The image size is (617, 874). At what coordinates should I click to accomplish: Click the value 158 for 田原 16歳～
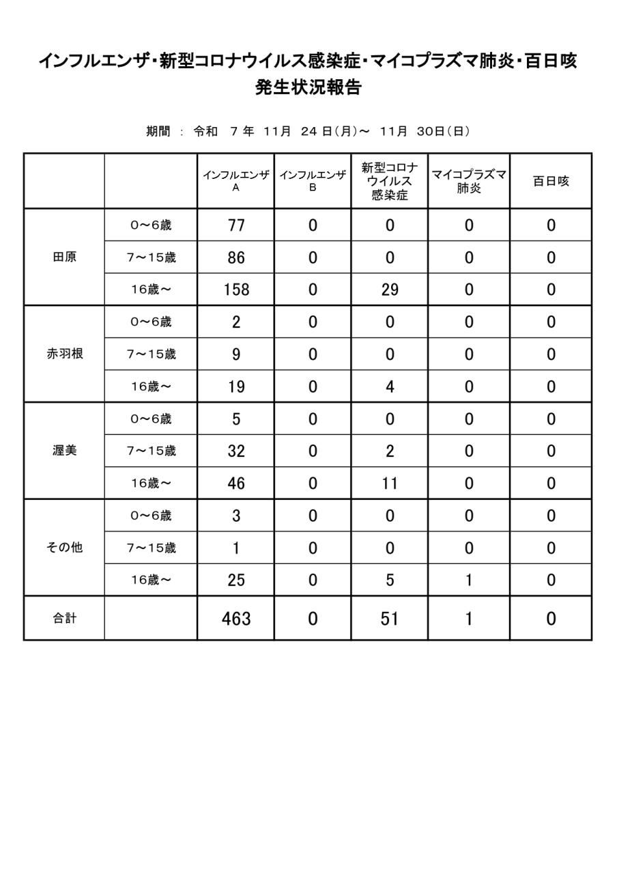pyautogui.click(x=235, y=290)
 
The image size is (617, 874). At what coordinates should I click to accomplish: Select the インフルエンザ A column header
pyautogui.click(x=235, y=181)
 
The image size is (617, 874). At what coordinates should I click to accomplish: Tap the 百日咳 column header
pyautogui.click(x=550, y=181)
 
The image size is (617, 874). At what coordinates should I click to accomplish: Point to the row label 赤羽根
pyautogui.click(x=63, y=354)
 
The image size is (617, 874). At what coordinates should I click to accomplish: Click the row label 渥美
pyautogui.click(x=63, y=451)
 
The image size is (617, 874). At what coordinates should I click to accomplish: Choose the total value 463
pyautogui.click(x=235, y=619)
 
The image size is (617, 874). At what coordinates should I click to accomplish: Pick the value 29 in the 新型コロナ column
pyautogui.click(x=389, y=290)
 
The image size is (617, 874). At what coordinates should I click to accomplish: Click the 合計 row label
pyautogui.click(x=63, y=619)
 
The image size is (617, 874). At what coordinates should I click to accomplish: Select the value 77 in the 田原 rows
pyautogui.click(x=235, y=225)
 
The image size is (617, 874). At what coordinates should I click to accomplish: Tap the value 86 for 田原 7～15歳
pyautogui.click(x=235, y=257)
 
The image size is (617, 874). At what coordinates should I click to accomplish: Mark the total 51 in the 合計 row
pyautogui.click(x=389, y=619)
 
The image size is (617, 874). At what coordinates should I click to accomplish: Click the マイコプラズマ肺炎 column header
pyautogui.click(x=468, y=181)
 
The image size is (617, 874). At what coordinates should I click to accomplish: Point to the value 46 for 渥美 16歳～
pyautogui.click(x=235, y=483)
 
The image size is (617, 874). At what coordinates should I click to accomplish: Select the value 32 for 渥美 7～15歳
pyautogui.click(x=235, y=451)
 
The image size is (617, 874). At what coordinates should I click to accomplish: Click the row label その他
pyautogui.click(x=63, y=548)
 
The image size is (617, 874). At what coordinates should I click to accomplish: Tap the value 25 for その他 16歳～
pyautogui.click(x=235, y=580)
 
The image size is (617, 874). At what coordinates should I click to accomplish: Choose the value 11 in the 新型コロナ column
pyautogui.click(x=389, y=483)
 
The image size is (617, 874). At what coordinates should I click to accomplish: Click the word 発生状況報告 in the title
pyautogui.click(x=308, y=87)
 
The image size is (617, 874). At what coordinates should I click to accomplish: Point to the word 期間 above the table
pyautogui.click(x=158, y=131)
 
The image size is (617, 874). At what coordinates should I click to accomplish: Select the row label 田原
pyautogui.click(x=63, y=257)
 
